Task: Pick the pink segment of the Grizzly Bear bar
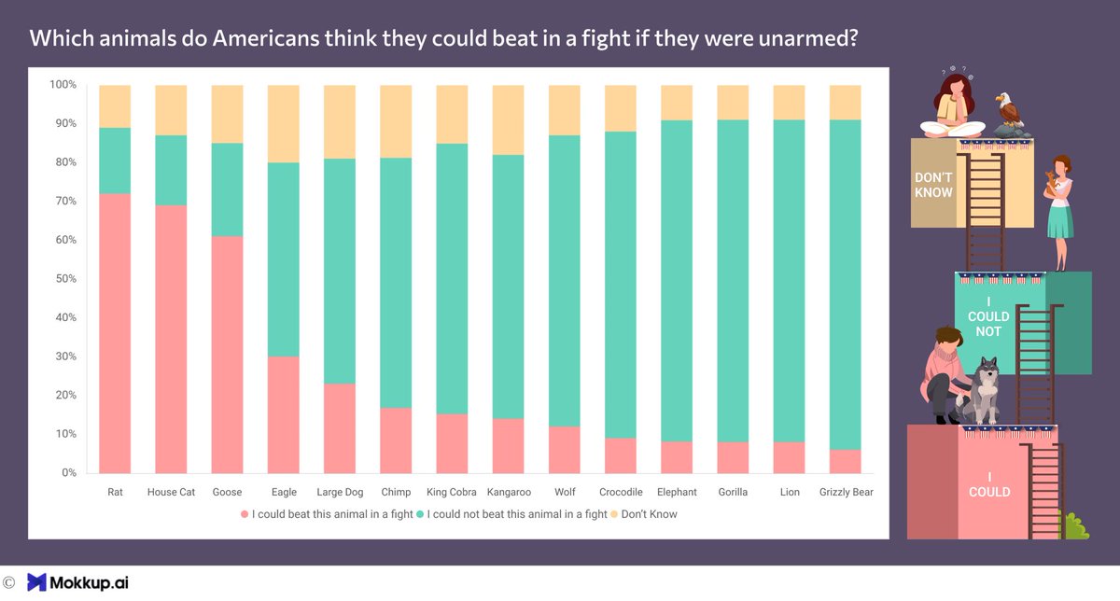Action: pyautogui.click(x=846, y=461)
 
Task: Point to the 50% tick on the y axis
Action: pyautogui.click(x=63, y=279)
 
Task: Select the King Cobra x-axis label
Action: pyautogui.click(x=452, y=492)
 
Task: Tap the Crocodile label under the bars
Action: pyautogui.click(x=621, y=492)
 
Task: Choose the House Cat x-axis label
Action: pyautogui.click(x=171, y=492)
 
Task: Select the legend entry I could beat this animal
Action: pyautogui.click(x=327, y=514)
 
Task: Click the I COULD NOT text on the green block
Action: pyautogui.click(x=988, y=316)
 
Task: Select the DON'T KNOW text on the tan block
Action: pyautogui.click(x=933, y=185)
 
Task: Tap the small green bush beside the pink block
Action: pyautogui.click(x=1076, y=527)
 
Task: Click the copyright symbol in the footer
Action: pyautogui.click(x=8, y=582)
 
